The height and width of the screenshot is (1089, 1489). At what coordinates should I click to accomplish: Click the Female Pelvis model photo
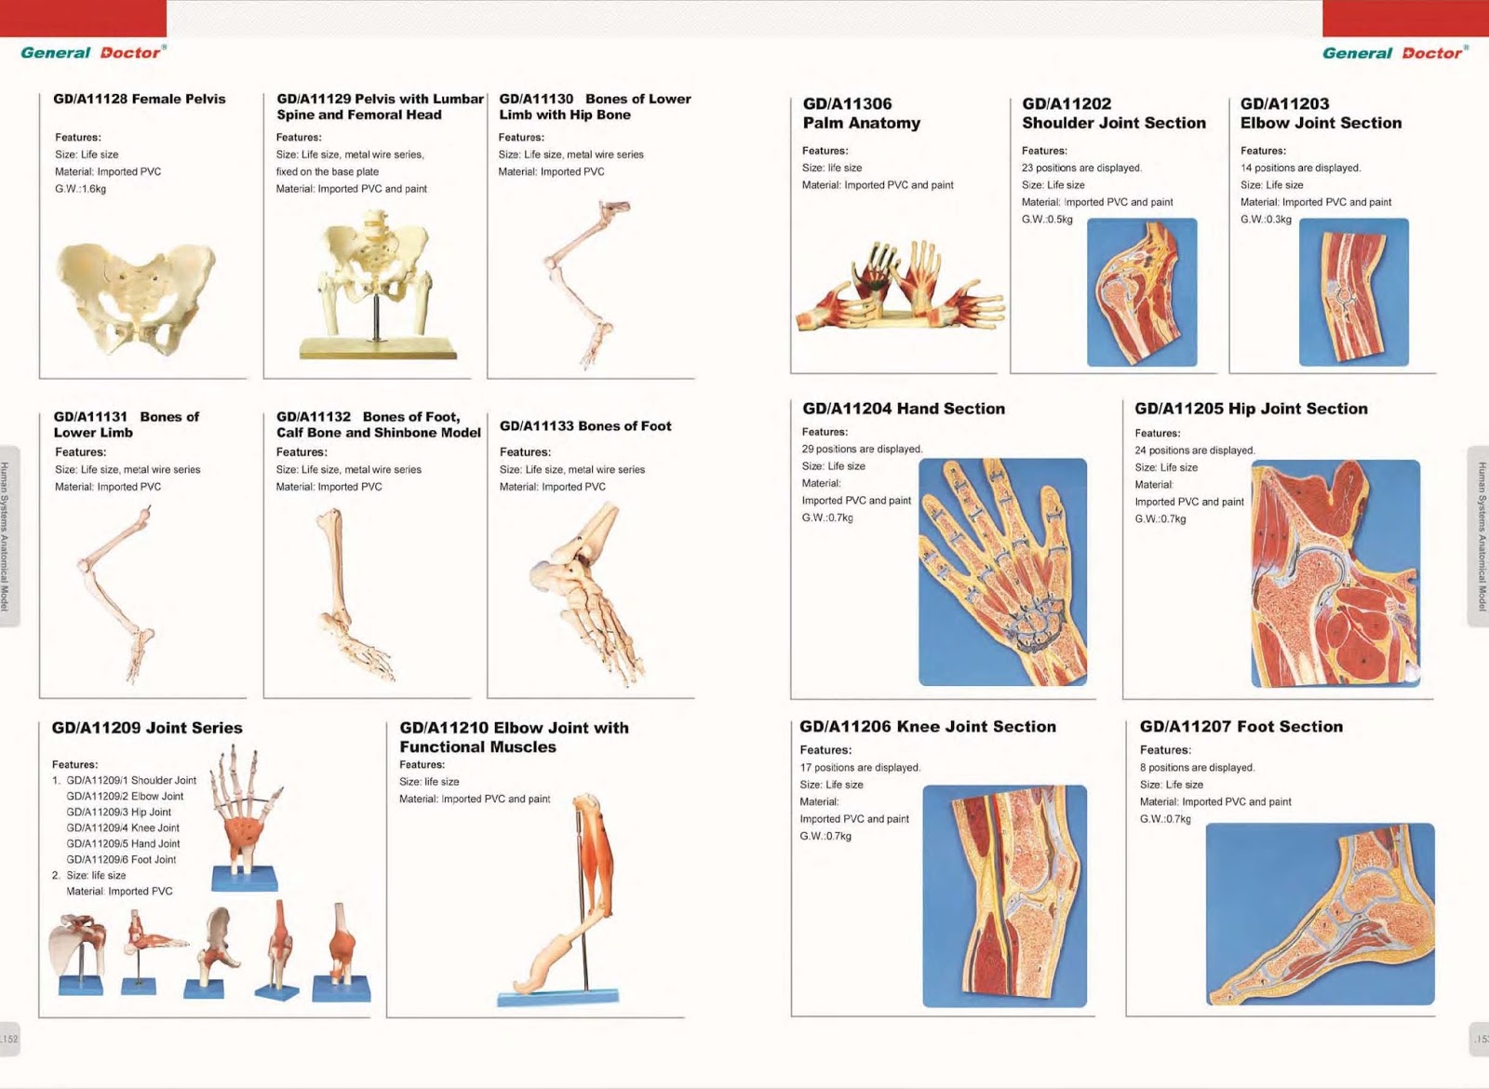tap(135, 298)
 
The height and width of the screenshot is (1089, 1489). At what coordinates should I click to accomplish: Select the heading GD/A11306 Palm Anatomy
tap(861, 114)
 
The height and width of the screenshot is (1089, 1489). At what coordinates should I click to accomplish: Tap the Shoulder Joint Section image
tap(1142, 292)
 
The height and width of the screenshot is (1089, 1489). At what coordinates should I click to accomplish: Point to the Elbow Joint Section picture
tap(1353, 292)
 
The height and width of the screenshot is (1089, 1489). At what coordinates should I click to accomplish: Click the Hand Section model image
tap(1002, 571)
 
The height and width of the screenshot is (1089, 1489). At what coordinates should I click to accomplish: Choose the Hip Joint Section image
tap(1335, 573)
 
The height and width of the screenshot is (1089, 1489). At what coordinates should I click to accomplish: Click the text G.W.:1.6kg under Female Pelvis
tap(81, 189)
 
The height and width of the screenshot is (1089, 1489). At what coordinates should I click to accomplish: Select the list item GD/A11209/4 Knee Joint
tap(123, 827)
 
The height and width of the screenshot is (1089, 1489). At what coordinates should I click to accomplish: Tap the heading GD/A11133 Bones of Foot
tap(585, 426)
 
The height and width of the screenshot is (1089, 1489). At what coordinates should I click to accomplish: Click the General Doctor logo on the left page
tap(93, 53)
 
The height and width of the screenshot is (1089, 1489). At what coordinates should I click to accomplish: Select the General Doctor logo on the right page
tap(1394, 53)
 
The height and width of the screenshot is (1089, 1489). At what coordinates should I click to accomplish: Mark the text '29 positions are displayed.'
tap(862, 449)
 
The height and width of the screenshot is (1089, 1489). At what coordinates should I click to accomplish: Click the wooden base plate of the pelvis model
tap(378, 349)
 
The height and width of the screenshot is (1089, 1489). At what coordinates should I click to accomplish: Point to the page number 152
tap(9, 1039)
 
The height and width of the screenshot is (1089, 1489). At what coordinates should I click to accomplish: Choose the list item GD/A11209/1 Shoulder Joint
tap(131, 780)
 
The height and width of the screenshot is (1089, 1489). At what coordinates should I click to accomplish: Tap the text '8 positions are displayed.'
tap(1197, 768)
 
